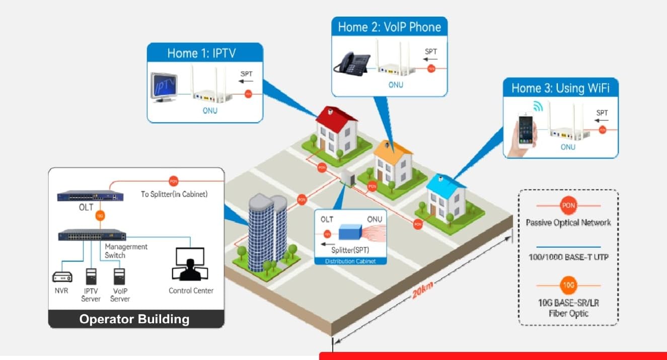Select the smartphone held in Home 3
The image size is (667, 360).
pos(526,129)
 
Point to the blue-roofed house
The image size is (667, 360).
pos(446,196)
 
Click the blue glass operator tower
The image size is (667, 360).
pos(267,232)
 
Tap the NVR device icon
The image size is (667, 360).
pos(62,276)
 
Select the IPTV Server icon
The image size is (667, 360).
pos(91,276)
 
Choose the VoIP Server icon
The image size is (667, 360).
pos(119,276)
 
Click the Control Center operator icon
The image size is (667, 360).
pos(190,264)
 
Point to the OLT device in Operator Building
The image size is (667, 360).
pos(90,196)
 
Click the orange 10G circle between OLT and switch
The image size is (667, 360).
pos(100,216)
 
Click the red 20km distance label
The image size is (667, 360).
pos(422,291)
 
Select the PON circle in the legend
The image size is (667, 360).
pos(568,205)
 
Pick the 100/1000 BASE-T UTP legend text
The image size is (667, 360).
pos(568,257)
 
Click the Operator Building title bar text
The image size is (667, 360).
pos(134,319)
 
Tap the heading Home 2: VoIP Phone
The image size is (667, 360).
pos(389,27)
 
